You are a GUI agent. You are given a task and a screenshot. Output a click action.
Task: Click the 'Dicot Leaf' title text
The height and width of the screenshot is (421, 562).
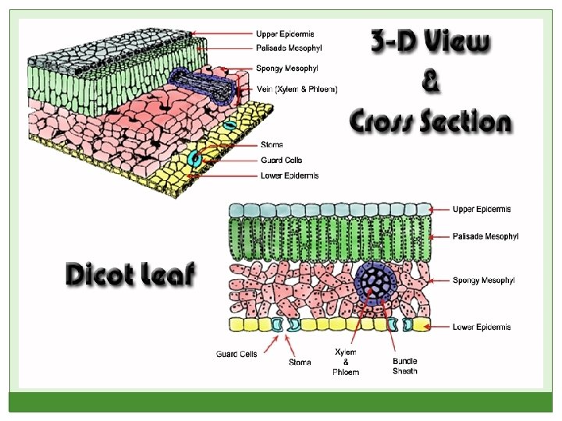(x=130, y=275)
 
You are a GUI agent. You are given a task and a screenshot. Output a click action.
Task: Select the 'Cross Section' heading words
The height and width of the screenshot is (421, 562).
(x=429, y=122)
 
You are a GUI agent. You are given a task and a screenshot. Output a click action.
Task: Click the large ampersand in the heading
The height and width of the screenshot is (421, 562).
(x=429, y=81)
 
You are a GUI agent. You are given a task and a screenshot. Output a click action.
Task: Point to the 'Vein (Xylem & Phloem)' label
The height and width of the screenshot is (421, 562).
(x=297, y=90)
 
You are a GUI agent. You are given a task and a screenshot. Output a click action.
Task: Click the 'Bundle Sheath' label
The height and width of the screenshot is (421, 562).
(x=405, y=366)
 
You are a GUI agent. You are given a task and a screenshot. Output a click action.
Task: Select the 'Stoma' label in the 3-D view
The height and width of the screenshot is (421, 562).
(x=272, y=144)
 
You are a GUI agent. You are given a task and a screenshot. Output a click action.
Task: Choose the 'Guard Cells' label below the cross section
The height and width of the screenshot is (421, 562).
(x=237, y=354)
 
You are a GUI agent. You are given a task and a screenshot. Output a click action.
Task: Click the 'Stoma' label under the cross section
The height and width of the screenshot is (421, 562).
(x=300, y=362)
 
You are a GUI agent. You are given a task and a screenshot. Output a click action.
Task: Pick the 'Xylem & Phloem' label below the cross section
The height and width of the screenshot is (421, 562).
(x=346, y=362)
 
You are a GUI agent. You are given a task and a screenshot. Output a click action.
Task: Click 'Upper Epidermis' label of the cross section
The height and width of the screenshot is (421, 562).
(x=482, y=209)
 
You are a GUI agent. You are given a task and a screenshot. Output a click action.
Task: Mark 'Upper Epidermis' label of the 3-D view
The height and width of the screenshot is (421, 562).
(x=286, y=33)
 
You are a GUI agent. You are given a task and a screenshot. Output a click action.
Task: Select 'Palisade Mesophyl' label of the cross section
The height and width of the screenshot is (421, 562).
(x=485, y=236)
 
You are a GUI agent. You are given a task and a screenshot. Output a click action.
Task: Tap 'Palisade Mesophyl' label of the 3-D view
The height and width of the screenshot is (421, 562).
(x=290, y=48)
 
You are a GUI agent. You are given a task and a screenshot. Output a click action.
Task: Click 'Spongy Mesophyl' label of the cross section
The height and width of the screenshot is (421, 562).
(x=482, y=280)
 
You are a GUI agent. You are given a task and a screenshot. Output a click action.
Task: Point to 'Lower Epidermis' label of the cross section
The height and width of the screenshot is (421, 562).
(x=482, y=327)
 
